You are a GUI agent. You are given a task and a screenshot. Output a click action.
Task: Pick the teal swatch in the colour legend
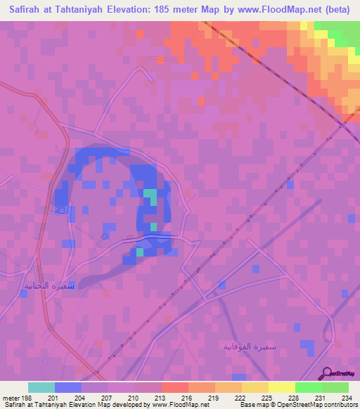(41, 387)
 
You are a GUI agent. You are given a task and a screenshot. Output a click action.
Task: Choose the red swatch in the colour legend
(175, 387)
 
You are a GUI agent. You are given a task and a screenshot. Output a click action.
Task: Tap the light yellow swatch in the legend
(282, 387)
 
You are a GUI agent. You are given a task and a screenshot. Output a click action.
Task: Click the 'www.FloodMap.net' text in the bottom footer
(178, 405)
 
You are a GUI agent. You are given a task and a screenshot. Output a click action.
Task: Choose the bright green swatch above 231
(309, 387)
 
